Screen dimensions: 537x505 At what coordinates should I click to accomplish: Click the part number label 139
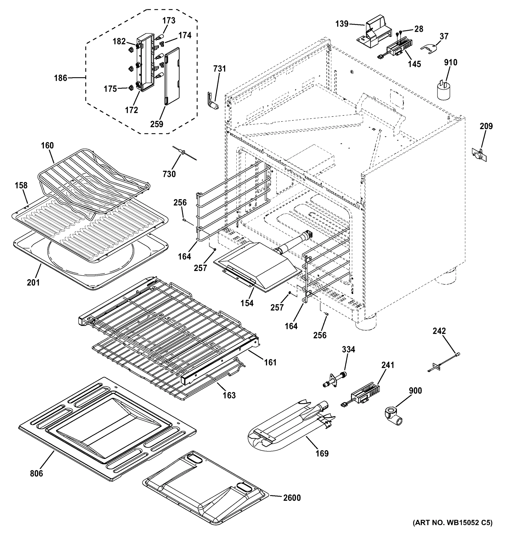click(x=342, y=24)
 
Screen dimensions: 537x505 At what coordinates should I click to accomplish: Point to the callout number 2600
click(x=292, y=498)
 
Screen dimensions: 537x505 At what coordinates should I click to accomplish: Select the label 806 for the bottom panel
click(x=36, y=473)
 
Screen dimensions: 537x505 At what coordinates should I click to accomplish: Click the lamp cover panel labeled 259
click(x=172, y=76)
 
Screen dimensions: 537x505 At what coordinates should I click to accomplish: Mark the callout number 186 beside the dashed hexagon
click(x=60, y=78)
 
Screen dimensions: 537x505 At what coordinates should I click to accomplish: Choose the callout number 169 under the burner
click(x=322, y=453)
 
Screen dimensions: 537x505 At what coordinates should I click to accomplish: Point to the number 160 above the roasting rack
click(x=47, y=146)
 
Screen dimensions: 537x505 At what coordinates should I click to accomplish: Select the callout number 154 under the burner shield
click(x=247, y=303)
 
